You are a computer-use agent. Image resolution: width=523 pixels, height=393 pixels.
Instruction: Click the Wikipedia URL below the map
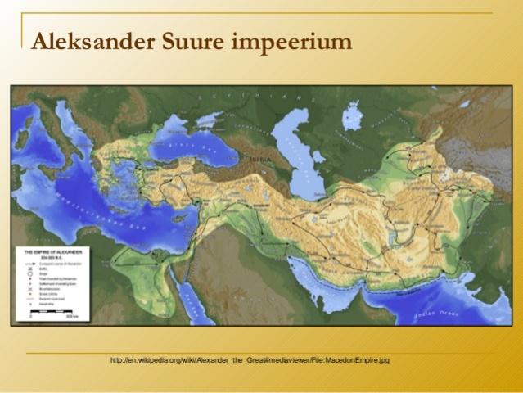click(249, 360)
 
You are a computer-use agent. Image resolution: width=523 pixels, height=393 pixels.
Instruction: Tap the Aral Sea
click(353, 115)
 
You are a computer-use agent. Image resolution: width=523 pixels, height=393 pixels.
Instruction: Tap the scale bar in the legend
click(49, 312)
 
